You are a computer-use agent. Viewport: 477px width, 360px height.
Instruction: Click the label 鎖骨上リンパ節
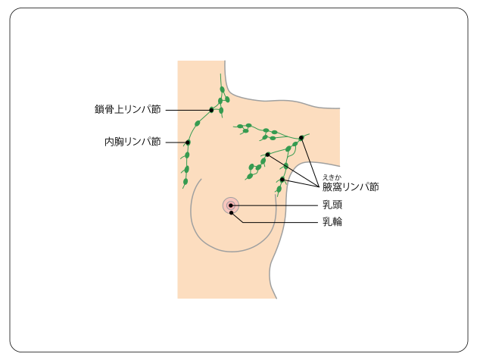click(127, 110)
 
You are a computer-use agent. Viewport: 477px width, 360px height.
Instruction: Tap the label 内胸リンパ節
click(132, 142)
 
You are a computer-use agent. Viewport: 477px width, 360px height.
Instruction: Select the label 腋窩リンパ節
click(350, 186)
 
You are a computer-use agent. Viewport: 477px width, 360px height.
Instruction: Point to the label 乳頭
click(332, 205)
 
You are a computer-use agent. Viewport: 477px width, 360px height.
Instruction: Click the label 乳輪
click(332, 222)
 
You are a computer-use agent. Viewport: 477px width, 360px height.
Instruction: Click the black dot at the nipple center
click(230, 205)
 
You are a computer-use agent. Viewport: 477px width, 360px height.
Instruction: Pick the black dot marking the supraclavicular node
click(211, 110)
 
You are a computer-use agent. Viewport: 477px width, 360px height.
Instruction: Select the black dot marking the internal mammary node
click(187, 142)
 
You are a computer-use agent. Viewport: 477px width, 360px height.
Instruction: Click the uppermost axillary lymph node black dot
click(301, 137)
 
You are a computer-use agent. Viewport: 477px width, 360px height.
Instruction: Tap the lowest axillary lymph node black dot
click(282, 180)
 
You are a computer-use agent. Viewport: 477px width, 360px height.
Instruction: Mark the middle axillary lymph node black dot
click(268, 155)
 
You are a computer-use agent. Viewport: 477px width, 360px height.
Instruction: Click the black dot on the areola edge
click(231, 212)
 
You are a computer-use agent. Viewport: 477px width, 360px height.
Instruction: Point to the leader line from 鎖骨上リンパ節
click(187, 110)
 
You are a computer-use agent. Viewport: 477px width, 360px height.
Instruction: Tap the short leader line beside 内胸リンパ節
click(176, 142)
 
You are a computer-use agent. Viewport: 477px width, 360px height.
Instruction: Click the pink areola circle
click(225, 202)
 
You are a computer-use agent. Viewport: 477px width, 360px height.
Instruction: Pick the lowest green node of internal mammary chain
click(185, 182)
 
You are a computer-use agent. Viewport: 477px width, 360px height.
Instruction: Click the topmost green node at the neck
click(222, 89)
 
